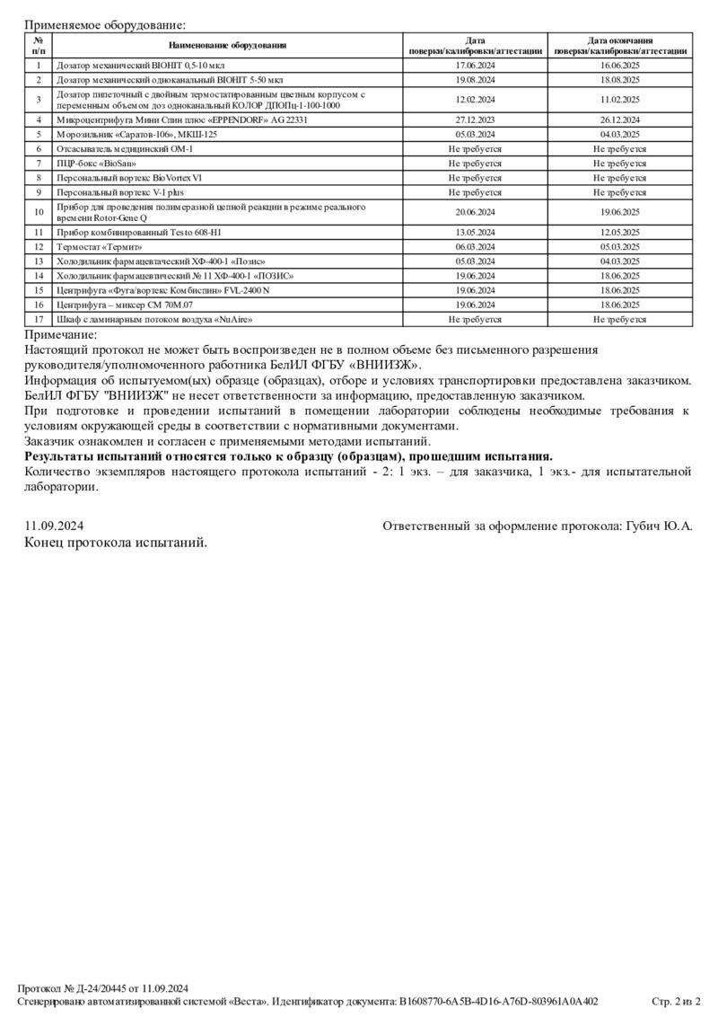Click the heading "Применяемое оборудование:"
coord(105,25)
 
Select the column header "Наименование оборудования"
coord(228,46)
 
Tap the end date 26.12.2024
coord(619,119)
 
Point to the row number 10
coord(39,212)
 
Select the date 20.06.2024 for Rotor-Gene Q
coord(475,212)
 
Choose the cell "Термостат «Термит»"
coord(99,246)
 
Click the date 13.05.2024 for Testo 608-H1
coord(475,232)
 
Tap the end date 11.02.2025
coord(619,100)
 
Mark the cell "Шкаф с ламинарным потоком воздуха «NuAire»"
coord(154,319)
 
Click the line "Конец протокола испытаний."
coord(116,543)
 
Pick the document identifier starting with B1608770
coord(498,1001)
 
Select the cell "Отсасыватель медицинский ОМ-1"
coord(124,148)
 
